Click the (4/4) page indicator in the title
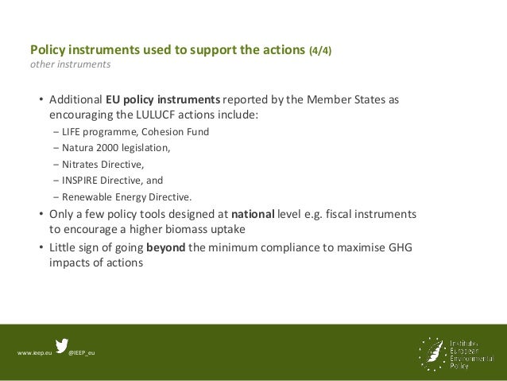320,49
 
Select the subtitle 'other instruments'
70,64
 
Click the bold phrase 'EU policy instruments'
163,101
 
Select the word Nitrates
80,165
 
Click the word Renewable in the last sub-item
87,197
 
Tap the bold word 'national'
252,214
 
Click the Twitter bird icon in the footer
62,347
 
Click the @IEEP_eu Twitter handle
82,352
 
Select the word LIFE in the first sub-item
72,132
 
